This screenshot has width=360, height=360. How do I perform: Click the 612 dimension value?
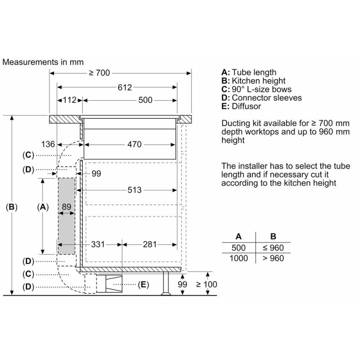coord(125,87)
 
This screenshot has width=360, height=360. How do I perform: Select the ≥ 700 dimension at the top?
coord(99,73)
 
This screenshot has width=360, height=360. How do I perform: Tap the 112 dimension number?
coord(69,100)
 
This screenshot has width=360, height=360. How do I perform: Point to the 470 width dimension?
coord(134,144)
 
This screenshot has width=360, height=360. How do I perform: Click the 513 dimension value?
coord(134,190)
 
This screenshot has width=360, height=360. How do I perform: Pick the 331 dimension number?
coord(98,244)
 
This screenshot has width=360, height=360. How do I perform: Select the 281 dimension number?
coord(150,244)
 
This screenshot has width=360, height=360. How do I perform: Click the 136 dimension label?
coord(48,144)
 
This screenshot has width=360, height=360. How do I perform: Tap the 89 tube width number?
coord(66,207)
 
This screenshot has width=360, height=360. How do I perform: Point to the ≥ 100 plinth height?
coord(207,284)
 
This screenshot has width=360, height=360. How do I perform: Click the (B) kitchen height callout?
coord(12,207)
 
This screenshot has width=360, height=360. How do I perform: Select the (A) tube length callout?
coord(43,207)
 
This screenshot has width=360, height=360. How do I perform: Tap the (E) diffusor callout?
coord(143,284)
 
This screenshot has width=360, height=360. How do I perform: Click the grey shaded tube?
coord(67,216)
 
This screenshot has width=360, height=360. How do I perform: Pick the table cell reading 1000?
coord(238,258)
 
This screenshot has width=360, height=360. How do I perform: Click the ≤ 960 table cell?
coord(273,248)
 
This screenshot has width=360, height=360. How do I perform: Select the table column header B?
coord(273,236)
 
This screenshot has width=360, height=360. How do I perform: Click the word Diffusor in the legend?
coord(246,106)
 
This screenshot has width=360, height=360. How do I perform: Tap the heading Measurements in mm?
coord(43,62)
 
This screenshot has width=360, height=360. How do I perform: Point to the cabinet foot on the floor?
coord(166,283)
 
